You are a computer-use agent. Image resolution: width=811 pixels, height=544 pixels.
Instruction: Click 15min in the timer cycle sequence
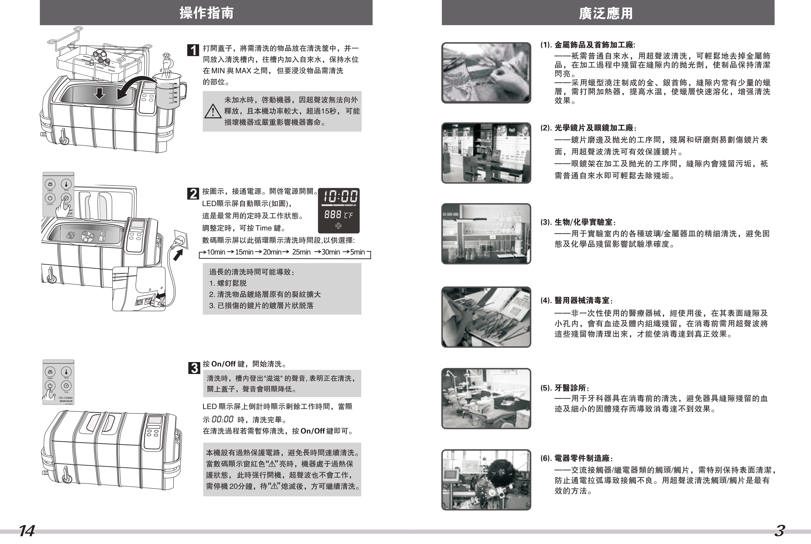[x=244, y=252]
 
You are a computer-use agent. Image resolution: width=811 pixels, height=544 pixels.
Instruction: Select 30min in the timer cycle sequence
[x=330, y=252]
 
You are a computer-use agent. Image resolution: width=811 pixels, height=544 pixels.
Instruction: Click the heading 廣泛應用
[x=606, y=13]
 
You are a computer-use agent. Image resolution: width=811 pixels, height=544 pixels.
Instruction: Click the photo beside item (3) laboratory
[x=486, y=234]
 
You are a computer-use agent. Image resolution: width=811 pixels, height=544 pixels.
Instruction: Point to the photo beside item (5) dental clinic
[x=486, y=398]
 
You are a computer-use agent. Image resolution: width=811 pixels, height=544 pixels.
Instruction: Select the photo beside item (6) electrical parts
[x=486, y=480]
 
